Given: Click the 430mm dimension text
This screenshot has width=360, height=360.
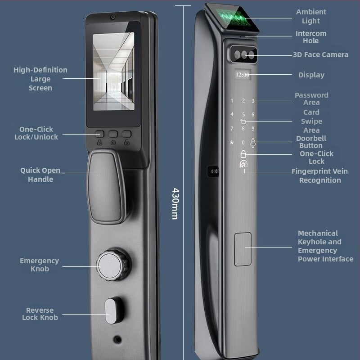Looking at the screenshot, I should pyautogui.click(x=175, y=203).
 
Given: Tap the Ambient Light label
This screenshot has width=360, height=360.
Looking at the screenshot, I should pyautogui.click(x=311, y=16).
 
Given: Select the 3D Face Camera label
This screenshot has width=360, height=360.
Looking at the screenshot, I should pyautogui.click(x=320, y=55).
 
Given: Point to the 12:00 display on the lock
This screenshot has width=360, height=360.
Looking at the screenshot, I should pyautogui.click(x=243, y=74).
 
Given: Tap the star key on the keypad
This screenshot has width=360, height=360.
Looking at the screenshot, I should pyautogui.click(x=232, y=143).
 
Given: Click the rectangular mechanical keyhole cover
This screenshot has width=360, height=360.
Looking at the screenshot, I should pyautogui.click(x=243, y=249).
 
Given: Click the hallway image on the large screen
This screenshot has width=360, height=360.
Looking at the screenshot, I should pyautogui.click(x=113, y=72).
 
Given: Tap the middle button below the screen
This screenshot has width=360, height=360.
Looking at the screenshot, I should pyautogui.click(x=113, y=134).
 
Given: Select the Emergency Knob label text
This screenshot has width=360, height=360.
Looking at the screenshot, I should pyautogui.click(x=39, y=265).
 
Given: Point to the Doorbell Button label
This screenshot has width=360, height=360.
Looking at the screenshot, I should pyautogui.click(x=311, y=142).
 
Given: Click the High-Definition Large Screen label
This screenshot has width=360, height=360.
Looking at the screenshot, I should pyautogui.click(x=40, y=79).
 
